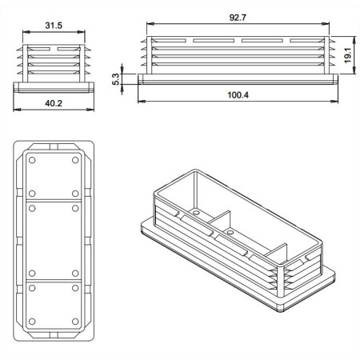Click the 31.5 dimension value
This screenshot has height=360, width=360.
click(54, 26)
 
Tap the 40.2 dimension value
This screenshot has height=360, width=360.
click(54, 103)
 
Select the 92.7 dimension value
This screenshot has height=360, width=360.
click(238, 18)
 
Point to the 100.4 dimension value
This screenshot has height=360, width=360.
click(238, 95)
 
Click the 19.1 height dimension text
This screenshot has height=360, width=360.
click(348, 55)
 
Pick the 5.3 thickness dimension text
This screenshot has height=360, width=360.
click(116, 79)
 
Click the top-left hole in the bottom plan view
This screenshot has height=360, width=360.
click(32, 160)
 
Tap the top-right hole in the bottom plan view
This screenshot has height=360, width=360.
click(75, 160)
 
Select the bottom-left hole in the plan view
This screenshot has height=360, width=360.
click(32, 322)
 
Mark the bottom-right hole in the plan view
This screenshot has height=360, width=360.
click(75, 322)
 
